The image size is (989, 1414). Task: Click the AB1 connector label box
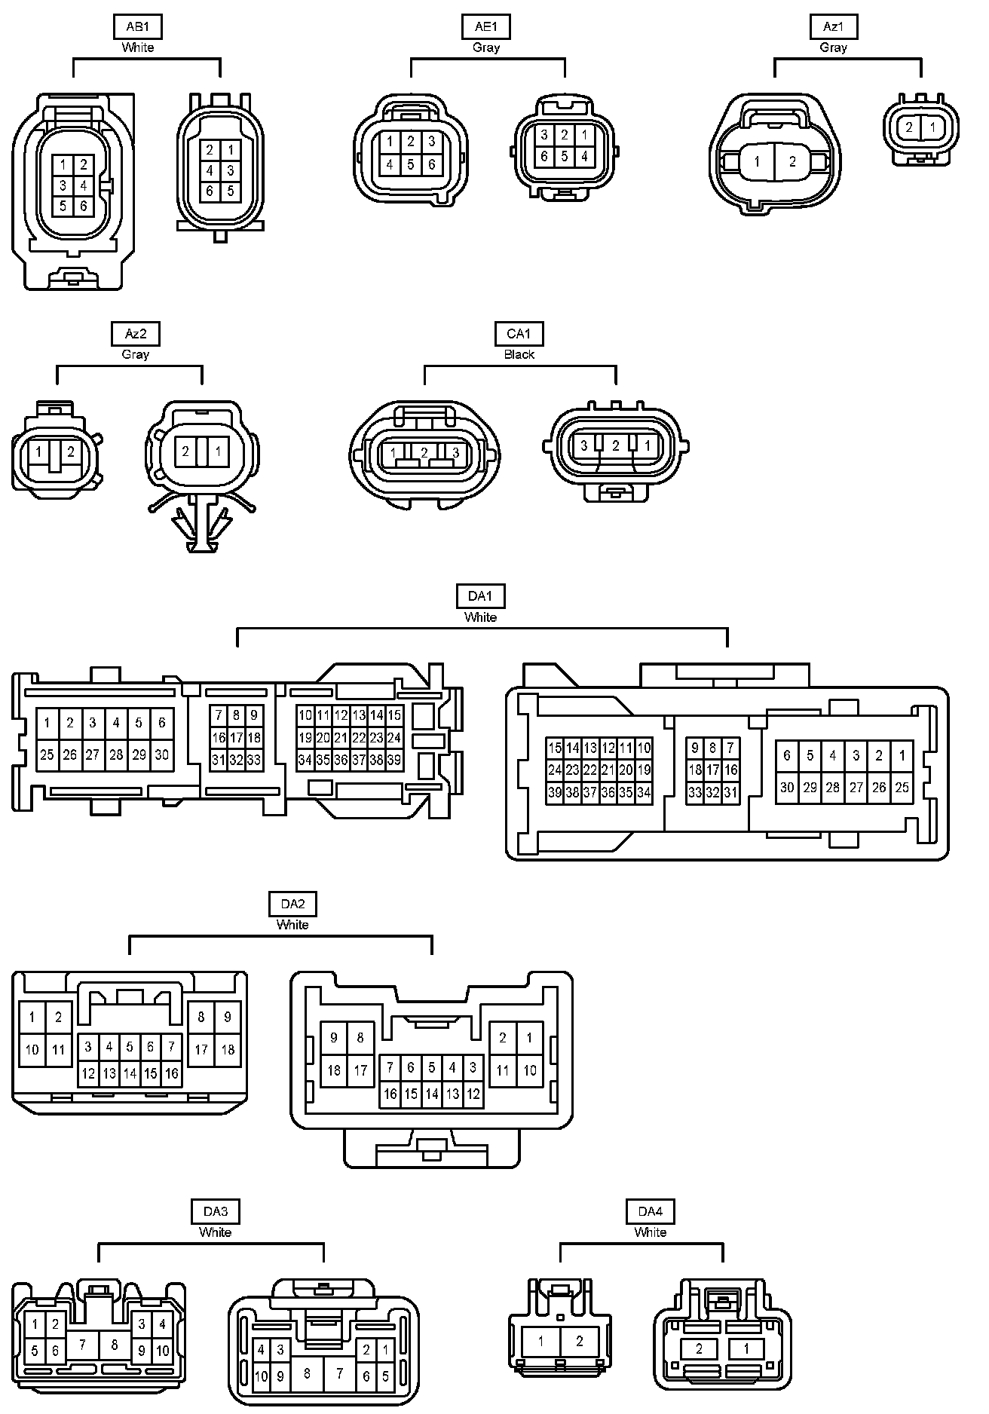tap(137, 27)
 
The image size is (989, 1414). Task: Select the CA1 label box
tap(519, 334)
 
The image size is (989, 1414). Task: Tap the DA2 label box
tap(292, 904)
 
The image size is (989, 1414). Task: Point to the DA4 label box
tap(650, 1211)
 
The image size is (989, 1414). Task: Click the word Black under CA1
tap(519, 354)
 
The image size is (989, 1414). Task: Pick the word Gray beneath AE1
tap(486, 47)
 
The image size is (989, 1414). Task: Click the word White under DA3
tap(215, 1232)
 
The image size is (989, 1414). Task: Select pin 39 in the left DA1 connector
tap(394, 761)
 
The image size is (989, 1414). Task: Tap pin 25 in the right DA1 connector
tap(902, 788)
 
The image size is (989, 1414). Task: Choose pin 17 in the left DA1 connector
tap(236, 738)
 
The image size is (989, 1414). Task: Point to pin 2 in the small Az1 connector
tap(909, 127)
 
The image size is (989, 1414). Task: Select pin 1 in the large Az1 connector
tap(757, 161)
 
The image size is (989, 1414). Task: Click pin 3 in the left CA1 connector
tap(455, 453)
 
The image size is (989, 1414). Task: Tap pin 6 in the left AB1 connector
tap(84, 206)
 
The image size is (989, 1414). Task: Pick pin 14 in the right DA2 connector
tap(432, 1094)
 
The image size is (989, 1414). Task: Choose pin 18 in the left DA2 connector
tap(228, 1049)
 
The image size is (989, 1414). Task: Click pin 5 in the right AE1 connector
tap(565, 157)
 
